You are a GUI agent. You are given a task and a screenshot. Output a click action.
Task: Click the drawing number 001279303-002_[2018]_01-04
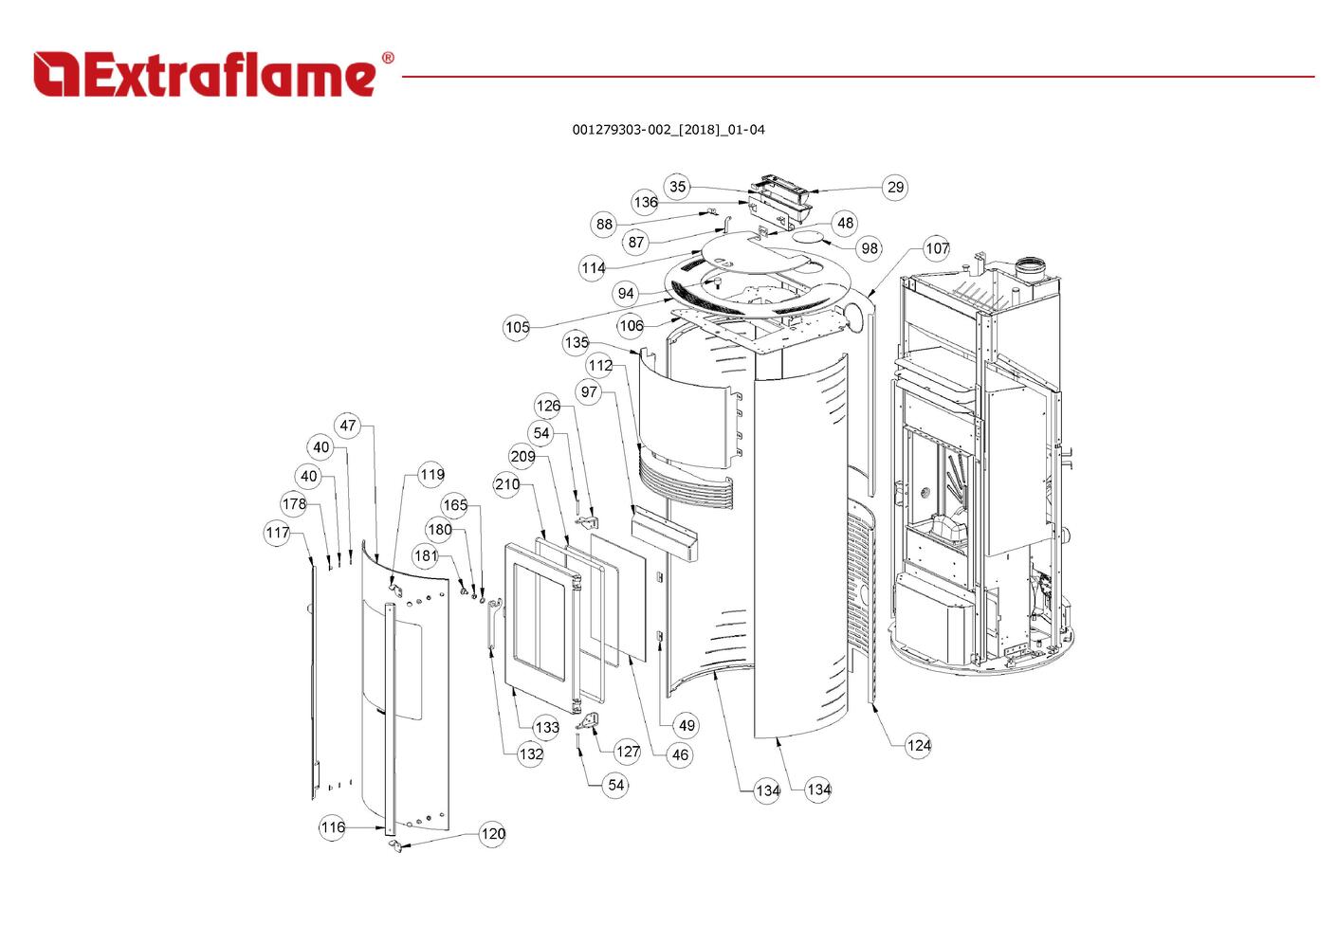668,130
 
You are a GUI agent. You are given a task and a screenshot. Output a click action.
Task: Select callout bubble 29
895,188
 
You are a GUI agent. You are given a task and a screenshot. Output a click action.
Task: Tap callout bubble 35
677,187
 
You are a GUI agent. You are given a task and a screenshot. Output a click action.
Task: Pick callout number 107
937,248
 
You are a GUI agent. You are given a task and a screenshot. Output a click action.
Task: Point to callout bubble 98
870,248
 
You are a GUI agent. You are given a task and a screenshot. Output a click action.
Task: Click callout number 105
517,328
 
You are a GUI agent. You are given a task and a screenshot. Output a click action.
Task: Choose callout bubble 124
919,745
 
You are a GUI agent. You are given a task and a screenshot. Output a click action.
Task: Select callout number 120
493,834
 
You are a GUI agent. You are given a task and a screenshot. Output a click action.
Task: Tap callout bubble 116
333,827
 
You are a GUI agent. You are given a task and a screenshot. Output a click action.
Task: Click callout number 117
277,533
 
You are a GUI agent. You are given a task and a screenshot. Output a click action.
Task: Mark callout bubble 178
294,503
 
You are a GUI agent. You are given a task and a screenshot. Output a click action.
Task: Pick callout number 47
348,426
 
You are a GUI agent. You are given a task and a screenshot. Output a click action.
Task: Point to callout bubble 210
507,484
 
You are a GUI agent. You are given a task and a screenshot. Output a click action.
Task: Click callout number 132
531,754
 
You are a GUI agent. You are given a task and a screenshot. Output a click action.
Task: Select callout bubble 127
628,752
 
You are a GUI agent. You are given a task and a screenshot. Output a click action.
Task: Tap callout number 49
687,726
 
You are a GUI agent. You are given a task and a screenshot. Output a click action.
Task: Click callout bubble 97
590,391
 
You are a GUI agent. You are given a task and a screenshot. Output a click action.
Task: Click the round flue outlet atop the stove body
1027,266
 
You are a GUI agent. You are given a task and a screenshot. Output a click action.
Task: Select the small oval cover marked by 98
811,235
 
